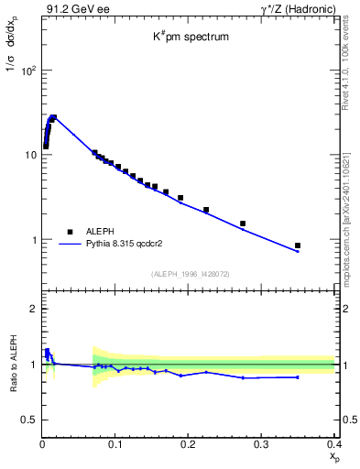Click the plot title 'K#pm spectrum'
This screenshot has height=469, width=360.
pyautogui.click(x=190, y=38)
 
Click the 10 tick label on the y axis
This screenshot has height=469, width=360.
pyautogui.click(x=29, y=155)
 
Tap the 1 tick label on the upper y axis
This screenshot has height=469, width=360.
pyautogui.click(x=32, y=240)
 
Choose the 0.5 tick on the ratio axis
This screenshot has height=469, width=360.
pyautogui.click(x=27, y=420)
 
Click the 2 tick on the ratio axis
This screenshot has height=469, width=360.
pyautogui.click(x=32, y=309)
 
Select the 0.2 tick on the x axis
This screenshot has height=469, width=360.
pyautogui.click(x=189, y=443)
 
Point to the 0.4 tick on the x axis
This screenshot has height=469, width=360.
pyautogui.click(x=333, y=443)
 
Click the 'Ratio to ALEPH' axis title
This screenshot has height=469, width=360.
pyautogui.click(x=10, y=364)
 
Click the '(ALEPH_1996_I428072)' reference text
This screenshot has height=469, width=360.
pyautogui.click(x=190, y=274)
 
